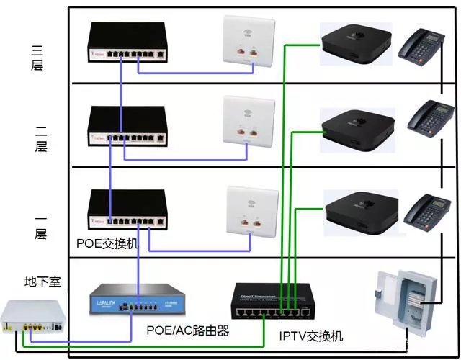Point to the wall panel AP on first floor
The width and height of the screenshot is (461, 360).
point(249,210)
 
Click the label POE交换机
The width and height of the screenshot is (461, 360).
point(108,243)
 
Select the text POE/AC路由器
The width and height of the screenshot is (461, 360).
point(187,330)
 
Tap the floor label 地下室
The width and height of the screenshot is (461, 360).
point(42,280)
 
